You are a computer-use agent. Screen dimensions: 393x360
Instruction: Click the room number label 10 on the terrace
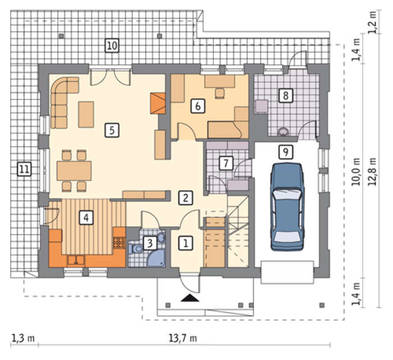pyautogui.click(x=112, y=45)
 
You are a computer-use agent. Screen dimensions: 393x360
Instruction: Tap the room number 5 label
pyautogui.click(x=112, y=130)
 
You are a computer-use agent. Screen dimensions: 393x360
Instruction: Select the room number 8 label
pyautogui.click(x=286, y=95)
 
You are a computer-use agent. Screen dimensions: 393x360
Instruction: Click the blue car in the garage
pyautogui.click(x=287, y=207)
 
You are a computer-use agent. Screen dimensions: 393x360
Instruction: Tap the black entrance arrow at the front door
pyautogui.click(x=190, y=298)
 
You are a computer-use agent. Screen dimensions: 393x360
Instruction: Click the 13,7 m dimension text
pyautogui.click(x=182, y=338)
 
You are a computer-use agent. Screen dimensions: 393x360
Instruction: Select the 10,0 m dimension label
pyautogui.click(x=356, y=172)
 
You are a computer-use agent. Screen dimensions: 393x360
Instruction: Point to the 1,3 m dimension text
pyautogui.click(x=23, y=338)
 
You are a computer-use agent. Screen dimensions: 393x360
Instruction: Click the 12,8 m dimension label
pyautogui.click(x=372, y=172)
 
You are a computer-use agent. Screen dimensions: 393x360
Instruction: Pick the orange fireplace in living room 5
pyautogui.click(x=158, y=103)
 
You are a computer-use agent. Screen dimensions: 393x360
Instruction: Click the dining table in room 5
pyautogui.click(x=74, y=171)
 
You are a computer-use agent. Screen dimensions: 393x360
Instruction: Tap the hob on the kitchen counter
pyautogui.click(x=119, y=243)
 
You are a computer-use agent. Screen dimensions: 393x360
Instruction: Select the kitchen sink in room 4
pyautogui.click(x=76, y=260)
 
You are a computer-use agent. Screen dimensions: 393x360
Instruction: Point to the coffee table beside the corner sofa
pyautogui.click(x=86, y=115)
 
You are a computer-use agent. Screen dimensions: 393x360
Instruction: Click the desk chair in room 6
pyautogui.click(x=220, y=93)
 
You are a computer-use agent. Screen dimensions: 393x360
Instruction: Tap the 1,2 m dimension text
pyautogui.click(x=372, y=22)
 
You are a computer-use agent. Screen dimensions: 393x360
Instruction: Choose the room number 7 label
pyautogui.click(x=226, y=163)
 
